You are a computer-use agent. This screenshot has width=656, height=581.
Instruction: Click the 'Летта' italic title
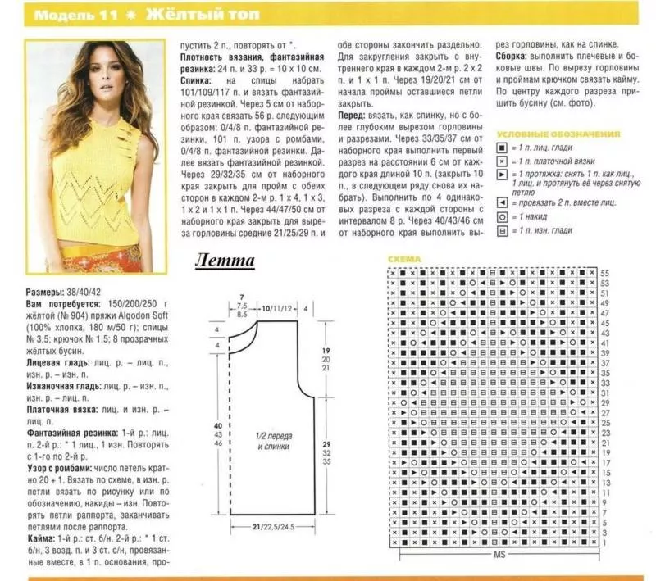225,261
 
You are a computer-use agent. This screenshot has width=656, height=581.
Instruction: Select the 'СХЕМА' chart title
403,259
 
